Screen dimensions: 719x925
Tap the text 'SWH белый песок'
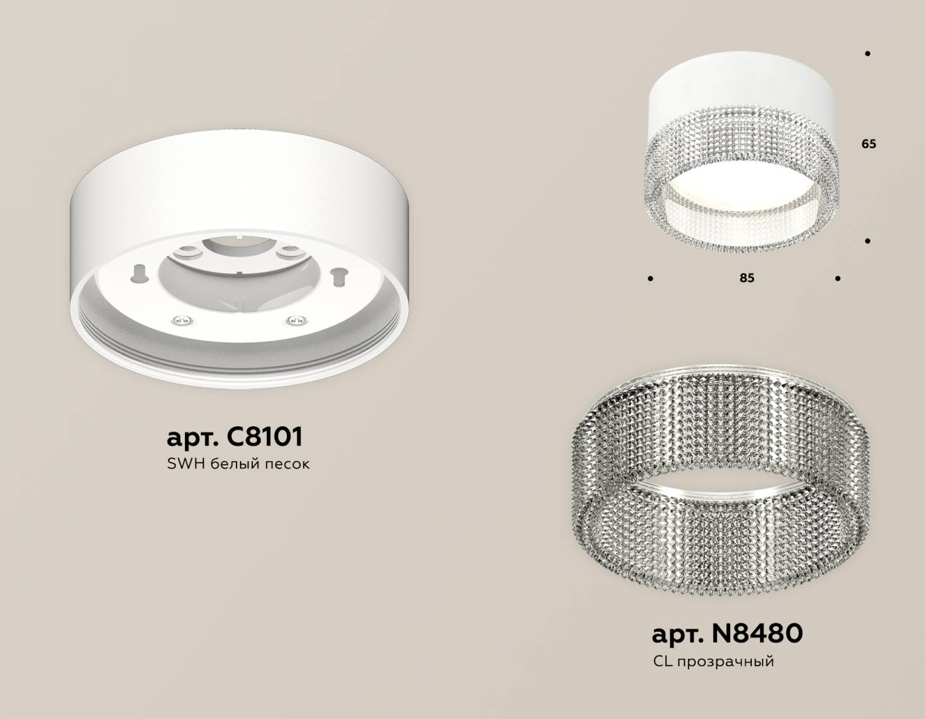[239, 464]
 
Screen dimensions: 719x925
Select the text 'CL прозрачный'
[713, 661]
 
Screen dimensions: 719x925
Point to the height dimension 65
[868, 143]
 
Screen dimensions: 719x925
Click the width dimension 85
[747, 278]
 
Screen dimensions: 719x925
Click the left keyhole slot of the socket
[140, 272]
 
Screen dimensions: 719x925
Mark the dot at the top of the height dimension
[867, 54]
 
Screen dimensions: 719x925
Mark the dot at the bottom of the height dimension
[867, 241]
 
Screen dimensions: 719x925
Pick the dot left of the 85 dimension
[651, 279]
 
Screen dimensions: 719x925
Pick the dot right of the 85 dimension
[838, 279]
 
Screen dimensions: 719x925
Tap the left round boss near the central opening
[187, 251]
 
